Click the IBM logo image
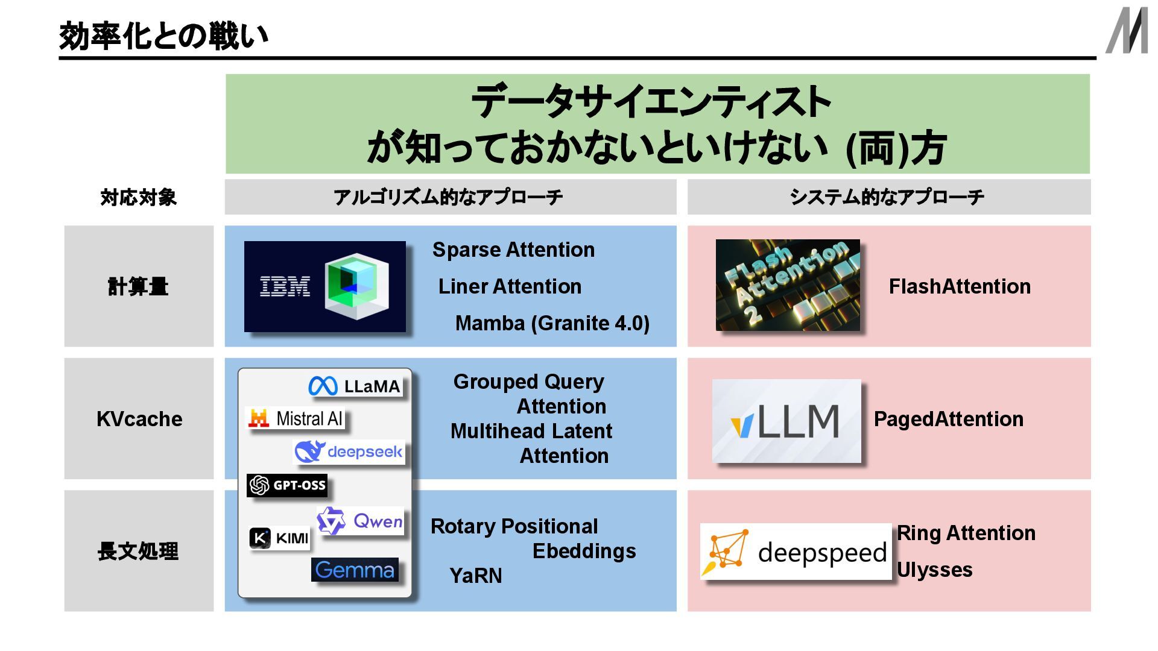click(324, 286)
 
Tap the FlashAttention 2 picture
click(788, 285)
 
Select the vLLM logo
click(786, 421)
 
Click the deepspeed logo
click(796, 552)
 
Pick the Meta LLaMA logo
click(355, 386)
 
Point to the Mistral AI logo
click(296, 418)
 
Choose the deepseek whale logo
click(349, 451)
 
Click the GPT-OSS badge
click(287, 485)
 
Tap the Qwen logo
click(360, 521)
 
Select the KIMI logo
click(279, 538)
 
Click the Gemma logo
click(355, 570)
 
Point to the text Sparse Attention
click(513, 250)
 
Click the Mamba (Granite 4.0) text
click(552, 323)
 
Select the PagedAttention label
click(948, 419)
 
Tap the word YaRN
click(475, 576)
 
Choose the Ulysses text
click(934, 570)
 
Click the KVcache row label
click(139, 419)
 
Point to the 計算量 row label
click(138, 286)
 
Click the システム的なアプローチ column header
click(887, 197)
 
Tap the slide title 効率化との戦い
click(163, 36)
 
